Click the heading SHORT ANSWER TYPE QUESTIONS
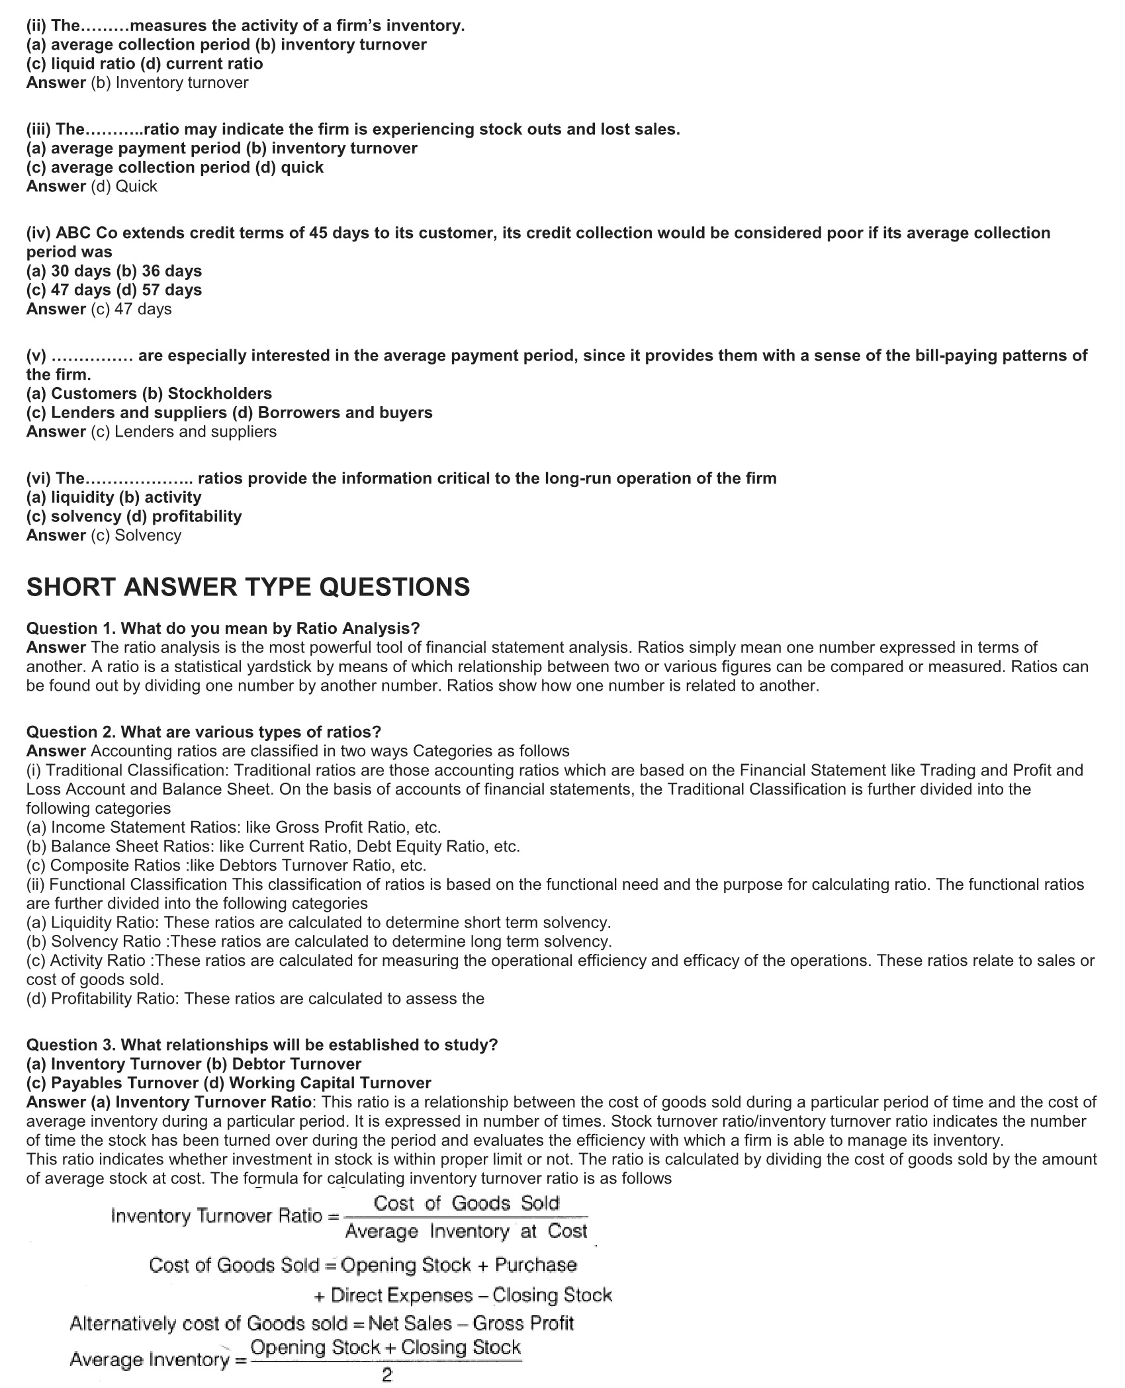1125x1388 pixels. click(248, 587)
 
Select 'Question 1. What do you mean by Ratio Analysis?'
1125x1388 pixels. click(223, 628)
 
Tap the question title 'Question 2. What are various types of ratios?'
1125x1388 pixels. click(204, 732)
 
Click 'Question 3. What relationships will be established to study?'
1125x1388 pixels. click(262, 1045)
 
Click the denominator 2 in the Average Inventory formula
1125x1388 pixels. click(387, 1375)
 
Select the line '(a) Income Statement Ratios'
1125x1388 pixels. click(234, 827)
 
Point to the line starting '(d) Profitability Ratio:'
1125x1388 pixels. click(255, 998)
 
